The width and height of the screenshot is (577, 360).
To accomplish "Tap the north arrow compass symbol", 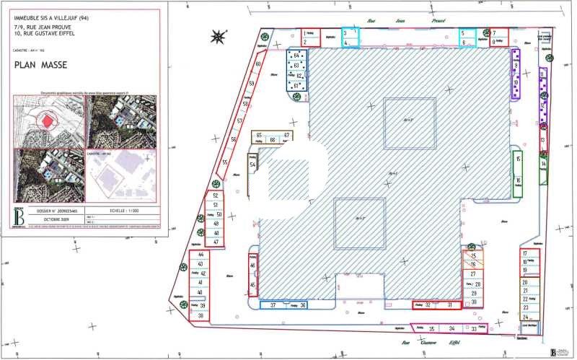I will pyautogui.click(x=217, y=36).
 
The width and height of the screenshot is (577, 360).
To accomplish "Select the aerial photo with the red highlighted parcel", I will pyautogui.click(x=48, y=120).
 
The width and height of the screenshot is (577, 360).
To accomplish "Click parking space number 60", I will pyautogui.click(x=257, y=64).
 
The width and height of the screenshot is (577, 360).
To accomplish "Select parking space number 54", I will pyautogui.click(x=253, y=164).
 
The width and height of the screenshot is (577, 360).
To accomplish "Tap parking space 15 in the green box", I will pyautogui.click(x=518, y=159).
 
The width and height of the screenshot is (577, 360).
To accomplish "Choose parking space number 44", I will pyautogui.click(x=201, y=255).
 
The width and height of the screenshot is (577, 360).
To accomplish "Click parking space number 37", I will pyautogui.click(x=273, y=306).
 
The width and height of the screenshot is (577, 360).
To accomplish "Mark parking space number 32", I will pyautogui.click(x=428, y=305).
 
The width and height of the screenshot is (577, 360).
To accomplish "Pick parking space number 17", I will pyautogui.click(x=525, y=253).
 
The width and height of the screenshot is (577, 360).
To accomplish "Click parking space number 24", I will pyautogui.click(x=526, y=317).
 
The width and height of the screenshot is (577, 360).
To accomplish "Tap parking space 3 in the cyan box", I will pyautogui.click(x=346, y=33).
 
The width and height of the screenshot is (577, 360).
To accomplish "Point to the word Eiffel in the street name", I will pyautogui.click(x=454, y=343).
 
